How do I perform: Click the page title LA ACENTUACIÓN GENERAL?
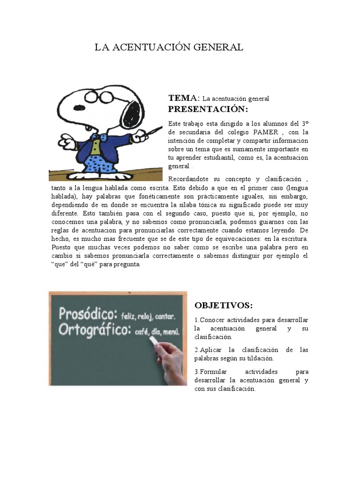[x=169, y=47]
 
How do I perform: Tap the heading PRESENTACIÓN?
[x=208, y=109]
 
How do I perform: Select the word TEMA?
[x=184, y=98]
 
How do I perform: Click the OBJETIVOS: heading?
[x=224, y=306]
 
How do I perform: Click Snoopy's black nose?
[x=79, y=107]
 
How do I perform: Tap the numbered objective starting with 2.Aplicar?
[x=251, y=354]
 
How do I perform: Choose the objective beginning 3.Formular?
[x=251, y=380]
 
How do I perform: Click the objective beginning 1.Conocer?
[x=251, y=328]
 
